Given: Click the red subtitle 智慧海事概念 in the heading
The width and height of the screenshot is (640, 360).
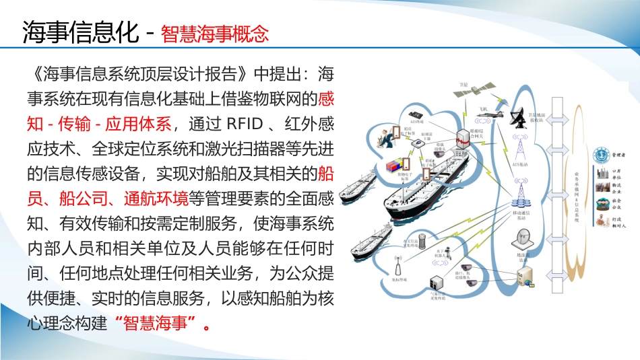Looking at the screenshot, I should pos(215,34).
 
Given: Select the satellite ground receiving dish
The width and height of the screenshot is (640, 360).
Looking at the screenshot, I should pos(519,120).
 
